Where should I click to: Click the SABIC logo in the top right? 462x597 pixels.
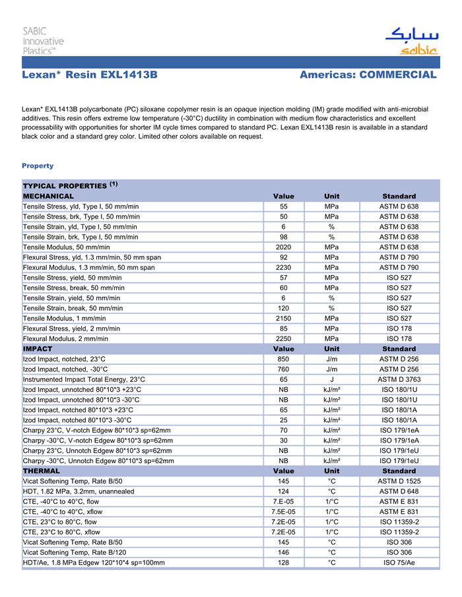pyautogui.click(x=411, y=41)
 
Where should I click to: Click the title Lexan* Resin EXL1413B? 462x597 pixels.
pyautogui.click(x=89, y=75)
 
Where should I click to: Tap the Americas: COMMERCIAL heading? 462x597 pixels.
pyautogui.click(x=368, y=75)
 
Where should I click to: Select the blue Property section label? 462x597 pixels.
pyautogui.click(x=38, y=166)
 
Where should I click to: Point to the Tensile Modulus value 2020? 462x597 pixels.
pyautogui.click(x=283, y=247)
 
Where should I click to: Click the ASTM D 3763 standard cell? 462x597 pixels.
pyautogui.click(x=399, y=379)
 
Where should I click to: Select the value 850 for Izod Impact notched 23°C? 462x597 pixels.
pyautogui.click(x=283, y=359)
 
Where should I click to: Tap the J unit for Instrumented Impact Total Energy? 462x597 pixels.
pyautogui.click(x=331, y=379)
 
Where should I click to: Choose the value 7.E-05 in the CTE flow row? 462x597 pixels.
pyautogui.click(x=283, y=502)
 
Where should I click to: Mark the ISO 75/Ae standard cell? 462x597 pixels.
pyautogui.click(x=399, y=563)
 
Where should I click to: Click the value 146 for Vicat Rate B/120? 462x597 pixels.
pyautogui.click(x=283, y=553)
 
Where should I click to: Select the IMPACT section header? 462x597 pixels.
pyautogui.click(x=38, y=348)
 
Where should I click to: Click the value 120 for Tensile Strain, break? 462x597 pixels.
pyautogui.click(x=283, y=308)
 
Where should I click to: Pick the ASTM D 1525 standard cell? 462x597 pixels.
pyautogui.click(x=399, y=482)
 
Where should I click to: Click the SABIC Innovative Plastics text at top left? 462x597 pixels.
pyautogui.click(x=44, y=41)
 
